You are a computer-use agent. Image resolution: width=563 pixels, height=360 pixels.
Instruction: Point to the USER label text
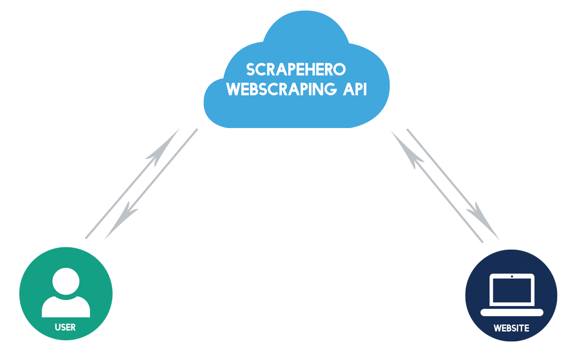point(65,328)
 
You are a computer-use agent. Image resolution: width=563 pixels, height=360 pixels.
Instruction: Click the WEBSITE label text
point(511,328)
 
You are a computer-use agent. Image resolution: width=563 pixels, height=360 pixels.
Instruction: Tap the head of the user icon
point(66,281)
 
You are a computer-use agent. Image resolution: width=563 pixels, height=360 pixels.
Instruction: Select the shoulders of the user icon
point(66,307)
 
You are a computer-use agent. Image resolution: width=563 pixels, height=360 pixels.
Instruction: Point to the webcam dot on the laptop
point(512,276)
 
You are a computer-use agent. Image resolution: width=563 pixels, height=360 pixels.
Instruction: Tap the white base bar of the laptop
point(511,312)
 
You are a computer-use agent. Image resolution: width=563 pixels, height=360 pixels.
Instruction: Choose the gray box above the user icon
point(141,184)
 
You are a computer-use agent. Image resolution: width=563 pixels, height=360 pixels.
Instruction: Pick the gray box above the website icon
point(445,185)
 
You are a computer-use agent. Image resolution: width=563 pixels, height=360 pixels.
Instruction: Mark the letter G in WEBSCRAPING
point(332,90)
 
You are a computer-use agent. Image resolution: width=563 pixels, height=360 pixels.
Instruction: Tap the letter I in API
point(364,90)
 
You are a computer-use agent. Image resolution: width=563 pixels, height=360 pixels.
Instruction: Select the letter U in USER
point(58,328)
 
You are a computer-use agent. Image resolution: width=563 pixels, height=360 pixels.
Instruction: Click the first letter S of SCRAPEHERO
point(250,70)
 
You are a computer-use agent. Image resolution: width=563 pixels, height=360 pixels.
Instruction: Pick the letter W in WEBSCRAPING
point(233,90)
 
